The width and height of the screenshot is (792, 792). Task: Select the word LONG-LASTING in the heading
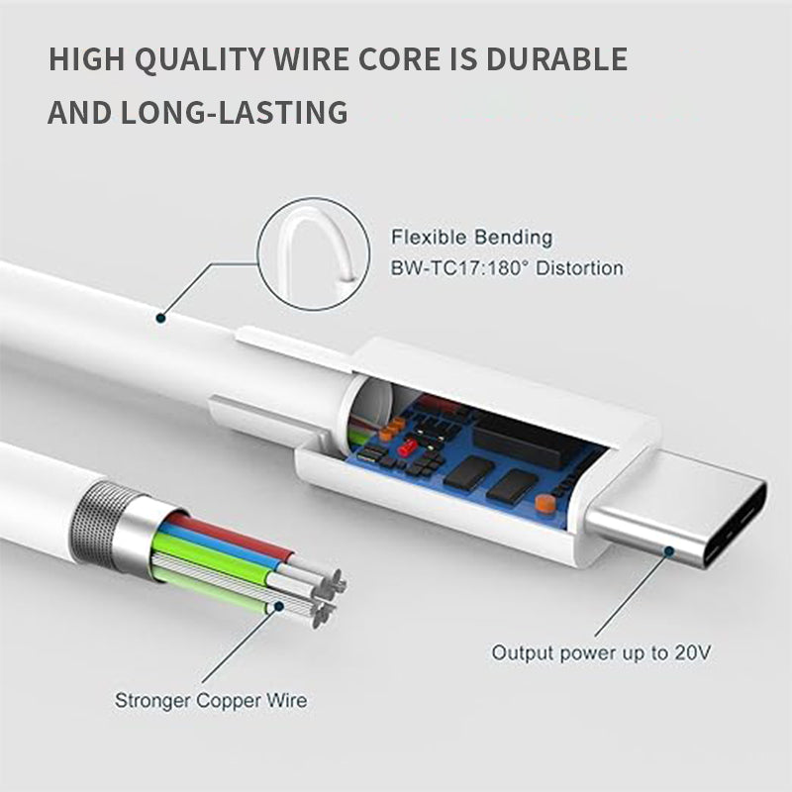[239, 112]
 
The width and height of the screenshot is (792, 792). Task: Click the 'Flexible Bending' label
[472, 238]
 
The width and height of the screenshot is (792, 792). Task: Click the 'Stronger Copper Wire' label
[211, 701]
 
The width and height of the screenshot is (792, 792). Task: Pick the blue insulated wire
[218, 544]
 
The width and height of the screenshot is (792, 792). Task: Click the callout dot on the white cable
[160, 317]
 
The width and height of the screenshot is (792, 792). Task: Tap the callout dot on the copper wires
[279, 605]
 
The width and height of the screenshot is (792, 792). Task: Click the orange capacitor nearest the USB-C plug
[543, 504]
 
